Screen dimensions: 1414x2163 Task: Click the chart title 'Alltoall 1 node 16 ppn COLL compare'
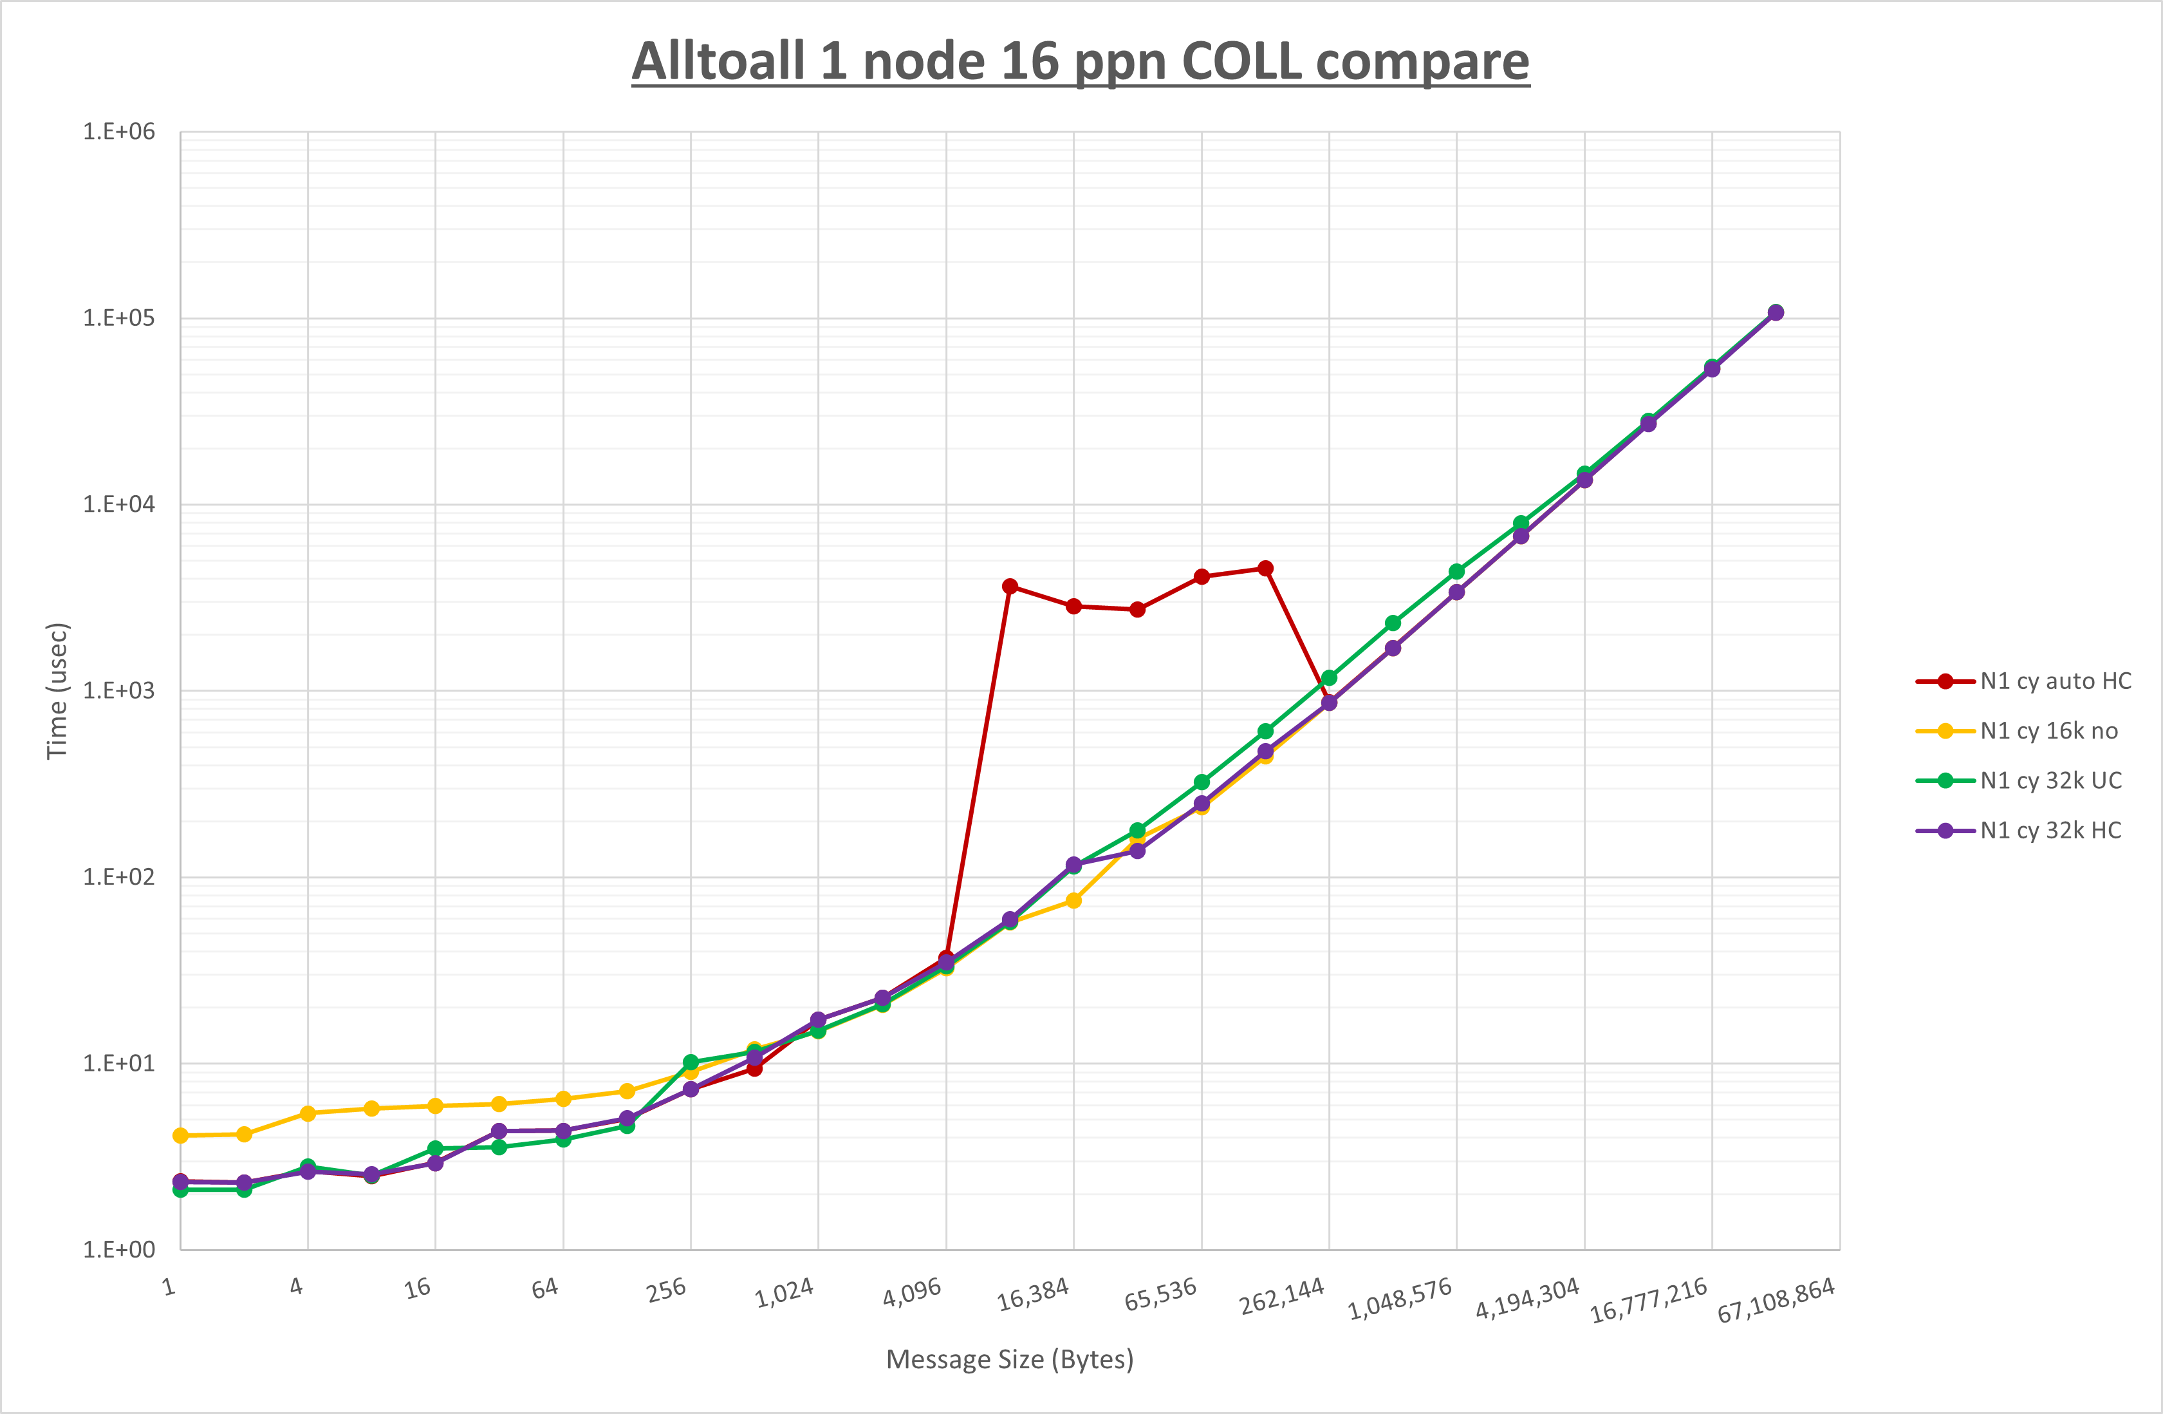(1081, 61)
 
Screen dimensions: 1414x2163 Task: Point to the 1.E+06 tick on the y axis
(119, 132)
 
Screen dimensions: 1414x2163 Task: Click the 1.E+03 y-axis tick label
(119, 690)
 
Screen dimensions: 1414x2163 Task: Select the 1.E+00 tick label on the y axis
(119, 1249)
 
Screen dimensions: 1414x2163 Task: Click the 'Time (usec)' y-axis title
(57, 690)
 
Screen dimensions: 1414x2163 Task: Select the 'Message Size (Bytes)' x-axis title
(1010, 1359)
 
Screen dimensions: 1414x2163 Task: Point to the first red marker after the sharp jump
(1010, 587)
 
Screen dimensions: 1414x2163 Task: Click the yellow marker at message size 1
(180, 1136)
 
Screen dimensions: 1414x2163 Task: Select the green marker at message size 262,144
(1330, 677)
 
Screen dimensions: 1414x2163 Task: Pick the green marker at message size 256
(691, 1062)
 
